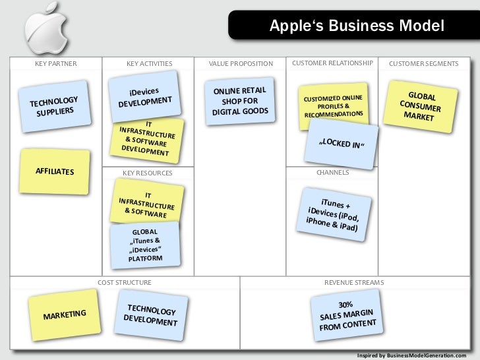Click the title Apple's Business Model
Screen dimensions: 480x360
pos(357,26)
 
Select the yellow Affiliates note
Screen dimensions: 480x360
pos(55,171)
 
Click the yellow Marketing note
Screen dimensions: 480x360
pos(64,315)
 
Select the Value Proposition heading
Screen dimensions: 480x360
pos(240,64)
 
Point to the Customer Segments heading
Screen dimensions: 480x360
pos(423,64)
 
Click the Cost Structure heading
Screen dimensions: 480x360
pos(124,282)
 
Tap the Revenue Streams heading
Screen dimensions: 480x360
pos(353,282)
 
